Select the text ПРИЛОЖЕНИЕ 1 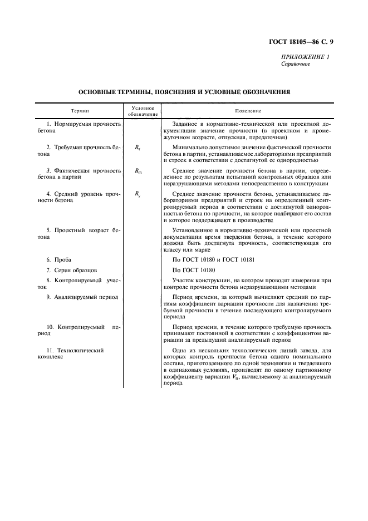coord(306,57)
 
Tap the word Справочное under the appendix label coord(296,64)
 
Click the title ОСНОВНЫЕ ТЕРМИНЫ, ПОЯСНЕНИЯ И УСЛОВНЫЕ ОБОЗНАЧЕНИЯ coord(184,91)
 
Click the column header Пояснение coord(244,111)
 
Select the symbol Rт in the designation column coord(138,148)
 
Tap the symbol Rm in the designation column coord(138,171)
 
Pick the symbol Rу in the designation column coord(138,194)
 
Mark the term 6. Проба coord(59,259)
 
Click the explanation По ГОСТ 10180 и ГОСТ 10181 coord(213,259)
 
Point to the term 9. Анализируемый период coord(82,297)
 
